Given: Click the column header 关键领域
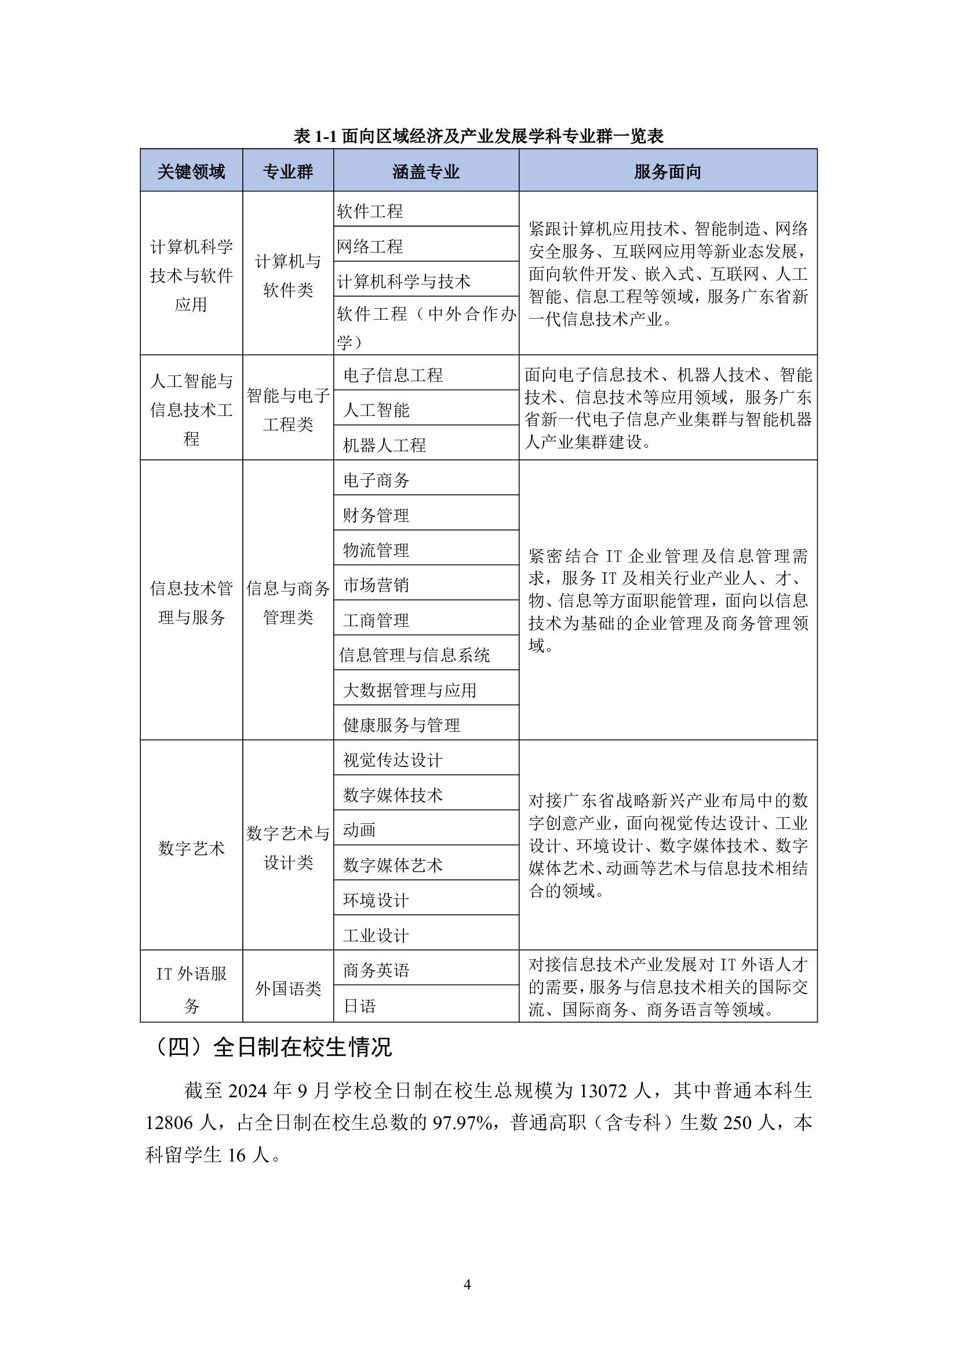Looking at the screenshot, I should coord(191,171).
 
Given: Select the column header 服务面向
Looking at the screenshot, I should coord(667,171).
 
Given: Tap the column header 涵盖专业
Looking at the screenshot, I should coord(425,171).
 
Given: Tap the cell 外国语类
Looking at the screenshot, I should coord(288,988).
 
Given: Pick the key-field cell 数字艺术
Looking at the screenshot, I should coord(191,848).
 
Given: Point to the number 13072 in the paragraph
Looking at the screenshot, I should coord(603,1090).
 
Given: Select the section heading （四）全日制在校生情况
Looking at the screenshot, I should coord(274,1047).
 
